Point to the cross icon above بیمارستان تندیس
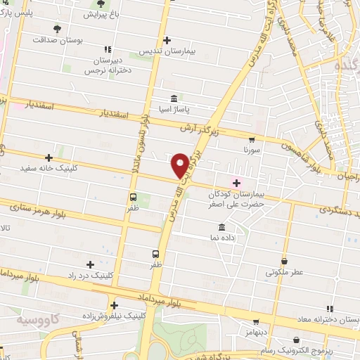[x=167, y=40]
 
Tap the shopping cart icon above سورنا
[x=253, y=139]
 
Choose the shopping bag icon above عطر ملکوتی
[x=284, y=259]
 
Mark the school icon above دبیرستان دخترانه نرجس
[x=108, y=49]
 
